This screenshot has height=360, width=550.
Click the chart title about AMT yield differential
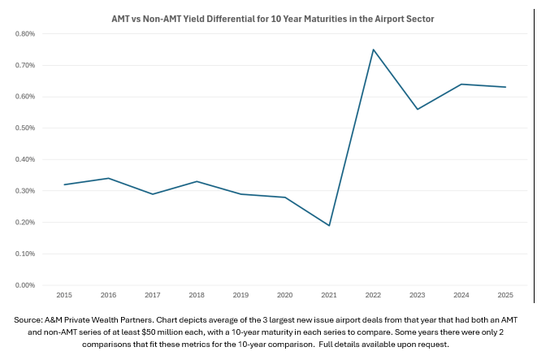tap(275, 17)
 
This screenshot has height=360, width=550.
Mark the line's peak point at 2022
tap(373, 50)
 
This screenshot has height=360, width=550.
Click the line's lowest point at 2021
tap(329, 225)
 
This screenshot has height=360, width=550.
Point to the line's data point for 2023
tap(418, 109)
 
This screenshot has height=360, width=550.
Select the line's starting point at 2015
tap(63, 184)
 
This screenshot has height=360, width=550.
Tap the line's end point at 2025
tap(505, 87)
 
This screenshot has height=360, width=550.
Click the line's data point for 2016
tap(108, 178)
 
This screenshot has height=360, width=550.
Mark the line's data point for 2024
tap(461, 84)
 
